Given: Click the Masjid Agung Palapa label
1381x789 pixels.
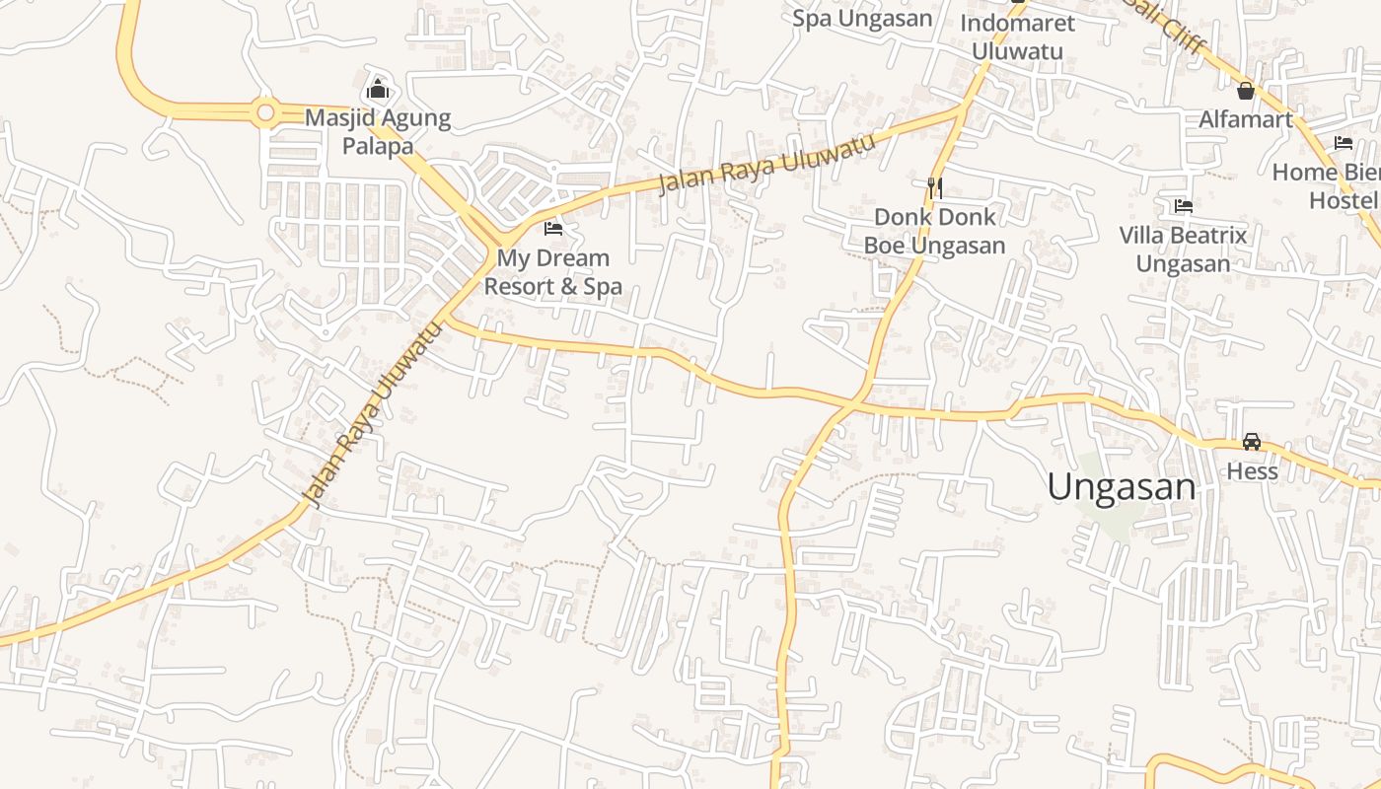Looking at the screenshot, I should click(x=377, y=132).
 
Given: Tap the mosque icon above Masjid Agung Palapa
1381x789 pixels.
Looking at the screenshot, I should click(x=377, y=90).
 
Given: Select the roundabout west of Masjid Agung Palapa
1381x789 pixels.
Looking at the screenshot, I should click(x=264, y=113).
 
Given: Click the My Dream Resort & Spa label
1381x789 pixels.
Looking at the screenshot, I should click(x=552, y=272).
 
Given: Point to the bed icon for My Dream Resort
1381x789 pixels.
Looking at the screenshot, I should click(x=553, y=229).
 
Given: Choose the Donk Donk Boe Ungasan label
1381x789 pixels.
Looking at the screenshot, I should click(x=934, y=231).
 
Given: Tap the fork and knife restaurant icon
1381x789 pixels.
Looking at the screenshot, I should click(x=935, y=187).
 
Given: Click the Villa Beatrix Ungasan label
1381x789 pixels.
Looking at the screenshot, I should click(x=1183, y=250).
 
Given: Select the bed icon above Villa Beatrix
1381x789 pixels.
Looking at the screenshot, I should click(x=1184, y=206).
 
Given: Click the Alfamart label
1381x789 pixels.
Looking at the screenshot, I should click(x=1245, y=120).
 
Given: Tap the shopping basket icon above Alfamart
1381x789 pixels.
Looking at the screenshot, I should click(x=1246, y=91).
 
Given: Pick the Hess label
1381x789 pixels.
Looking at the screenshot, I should click(x=1252, y=471).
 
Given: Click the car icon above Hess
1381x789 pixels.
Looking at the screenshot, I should click(x=1252, y=442).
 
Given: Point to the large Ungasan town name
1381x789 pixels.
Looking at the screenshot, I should click(x=1121, y=487).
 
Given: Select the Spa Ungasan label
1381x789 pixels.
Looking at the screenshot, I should click(x=862, y=18).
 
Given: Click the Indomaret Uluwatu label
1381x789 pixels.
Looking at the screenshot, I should click(x=1017, y=36).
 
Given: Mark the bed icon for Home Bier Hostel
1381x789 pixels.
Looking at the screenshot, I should click(x=1343, y=143).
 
